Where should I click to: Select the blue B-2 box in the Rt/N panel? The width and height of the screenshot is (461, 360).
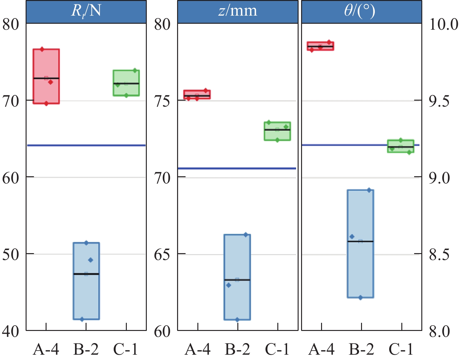[x=86, y=281]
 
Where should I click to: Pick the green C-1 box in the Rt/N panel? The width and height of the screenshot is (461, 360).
[x=126, y=83]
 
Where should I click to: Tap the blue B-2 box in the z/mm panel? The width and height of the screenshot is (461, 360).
[x=237, y=277]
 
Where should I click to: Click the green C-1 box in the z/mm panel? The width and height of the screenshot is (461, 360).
[x=277, y=131]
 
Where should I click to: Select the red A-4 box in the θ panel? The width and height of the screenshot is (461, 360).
[x=320, y=46]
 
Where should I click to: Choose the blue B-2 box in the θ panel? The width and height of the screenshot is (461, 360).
[x=360, y=244]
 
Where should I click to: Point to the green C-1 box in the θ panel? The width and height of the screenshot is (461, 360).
[x=400, y=146]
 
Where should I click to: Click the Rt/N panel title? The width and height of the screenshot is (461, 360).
[x=86, y=11]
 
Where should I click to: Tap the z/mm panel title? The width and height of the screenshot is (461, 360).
[x=238, y=11]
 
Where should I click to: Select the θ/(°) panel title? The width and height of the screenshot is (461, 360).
[x=361, y=11]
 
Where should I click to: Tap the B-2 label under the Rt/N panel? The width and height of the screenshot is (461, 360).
[x=86, y=349]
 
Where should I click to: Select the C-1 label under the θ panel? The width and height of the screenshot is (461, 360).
[x=401, y=349]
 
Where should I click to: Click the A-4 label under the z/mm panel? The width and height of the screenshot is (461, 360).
[x=198, y=349]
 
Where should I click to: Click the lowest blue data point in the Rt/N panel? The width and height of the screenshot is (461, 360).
[x=82, y=319]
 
